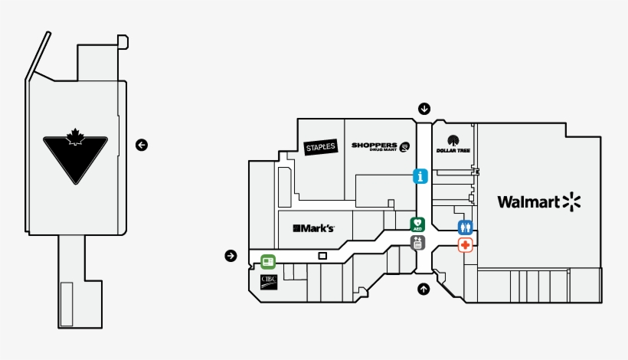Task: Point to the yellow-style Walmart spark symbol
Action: click(x=572, y=201)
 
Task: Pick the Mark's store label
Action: click(x=314, y=228)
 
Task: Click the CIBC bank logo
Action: click(x=268, y=280)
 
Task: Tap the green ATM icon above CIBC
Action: click(x=267, y=260)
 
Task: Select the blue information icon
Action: click(x=420, y=176)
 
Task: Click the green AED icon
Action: click(x=417, y=224)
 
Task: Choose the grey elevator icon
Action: click(x=417, y=243)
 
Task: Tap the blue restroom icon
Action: click(x=466, y=227)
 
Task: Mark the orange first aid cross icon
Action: click(x=466, y=245)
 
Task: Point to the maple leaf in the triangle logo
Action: click(x=75, y=139)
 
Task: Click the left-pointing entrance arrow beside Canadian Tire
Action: click(x=141, y=144)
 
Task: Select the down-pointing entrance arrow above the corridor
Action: click(x=424, y=108)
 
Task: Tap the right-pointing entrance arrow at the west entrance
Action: click(x=231, y=255)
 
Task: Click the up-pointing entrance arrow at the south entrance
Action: click(x=424, y=289)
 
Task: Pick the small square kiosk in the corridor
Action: click(x=322, y=255)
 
